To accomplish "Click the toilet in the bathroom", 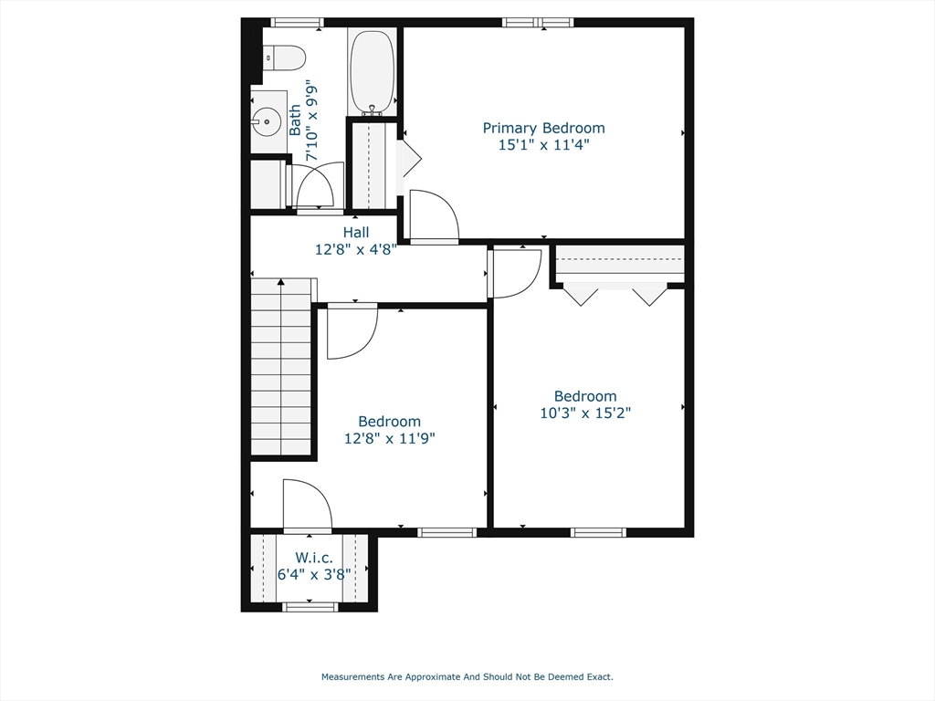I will (284, 58).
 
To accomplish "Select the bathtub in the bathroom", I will (372, 71).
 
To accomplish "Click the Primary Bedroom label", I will (543, 129).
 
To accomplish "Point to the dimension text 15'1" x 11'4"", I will (543, 144).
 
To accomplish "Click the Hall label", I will (356, 233).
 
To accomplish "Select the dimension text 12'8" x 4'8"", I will (356, 248).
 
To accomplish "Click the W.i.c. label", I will (313, 558).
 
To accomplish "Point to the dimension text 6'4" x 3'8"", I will (313, 574).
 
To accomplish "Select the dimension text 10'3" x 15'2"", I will (585, 413).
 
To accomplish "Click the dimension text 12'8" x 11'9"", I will (389, 438).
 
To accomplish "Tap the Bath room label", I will (295, 120).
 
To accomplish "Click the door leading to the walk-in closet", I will (307, 506).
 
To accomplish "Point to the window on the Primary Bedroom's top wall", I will (538, 22).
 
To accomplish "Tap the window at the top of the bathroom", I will (297, 22).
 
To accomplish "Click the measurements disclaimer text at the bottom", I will (467, 677).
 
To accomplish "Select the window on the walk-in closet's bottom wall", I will (310, 606).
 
